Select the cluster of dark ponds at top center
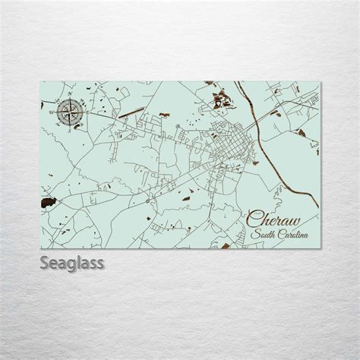(x=222, y=97)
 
